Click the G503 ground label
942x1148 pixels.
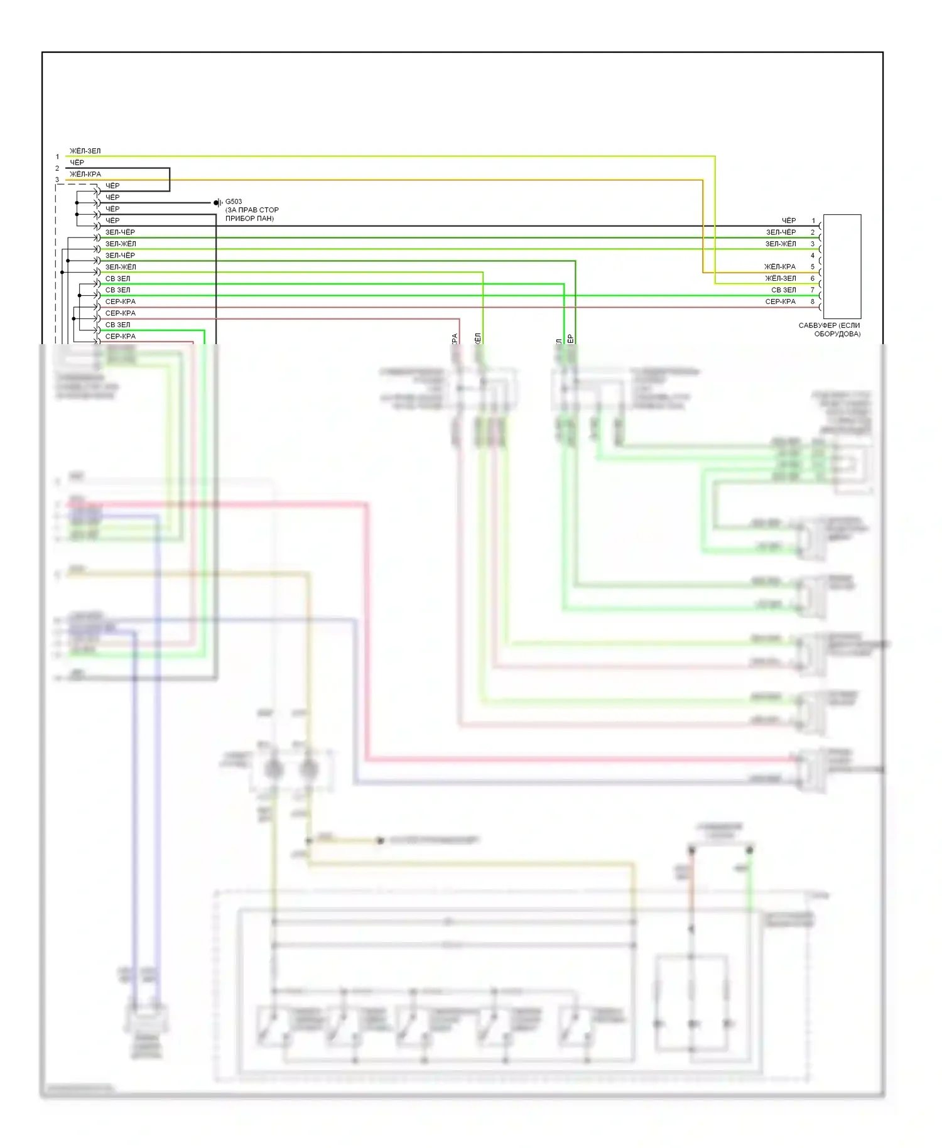tap(234, 202)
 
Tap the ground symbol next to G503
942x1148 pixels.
tap(217, 203)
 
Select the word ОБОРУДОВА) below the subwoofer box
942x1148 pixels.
tap(837, 334)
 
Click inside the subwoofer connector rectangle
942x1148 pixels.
tap(842, 266)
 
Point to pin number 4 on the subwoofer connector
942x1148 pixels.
tap(812, 256)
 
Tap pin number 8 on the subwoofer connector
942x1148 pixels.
tap(812, 301)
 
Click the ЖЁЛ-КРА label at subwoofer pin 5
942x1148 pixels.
tap(780, 267)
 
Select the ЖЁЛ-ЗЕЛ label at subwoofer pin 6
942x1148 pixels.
tap(780, 278)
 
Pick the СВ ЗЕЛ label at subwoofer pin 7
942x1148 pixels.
tap(783, 290)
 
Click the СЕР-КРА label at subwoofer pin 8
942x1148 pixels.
tap(780, 301)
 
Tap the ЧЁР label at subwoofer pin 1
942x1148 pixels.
tap(788, 220)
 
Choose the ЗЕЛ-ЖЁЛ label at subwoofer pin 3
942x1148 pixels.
tap(780, 244)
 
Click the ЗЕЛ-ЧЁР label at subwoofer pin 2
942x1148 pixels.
tap(780, 232)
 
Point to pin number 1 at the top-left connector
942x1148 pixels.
tap(57, 157)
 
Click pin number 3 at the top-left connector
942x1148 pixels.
tap(57, 180)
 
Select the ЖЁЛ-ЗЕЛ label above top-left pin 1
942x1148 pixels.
tap(85, 151)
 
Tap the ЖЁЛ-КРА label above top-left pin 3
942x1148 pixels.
tap(85, 174)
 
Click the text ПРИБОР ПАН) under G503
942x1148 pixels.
tap(249, 219)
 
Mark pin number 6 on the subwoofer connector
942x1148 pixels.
tap(812, 278)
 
